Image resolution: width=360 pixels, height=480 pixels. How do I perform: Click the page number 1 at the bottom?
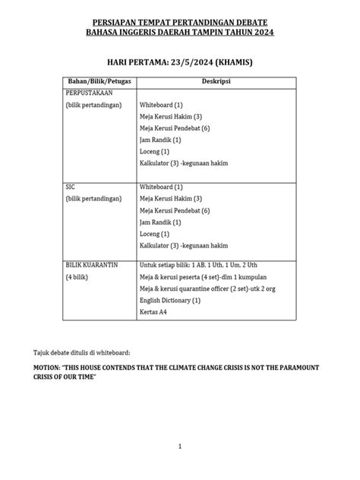(179, 447)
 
